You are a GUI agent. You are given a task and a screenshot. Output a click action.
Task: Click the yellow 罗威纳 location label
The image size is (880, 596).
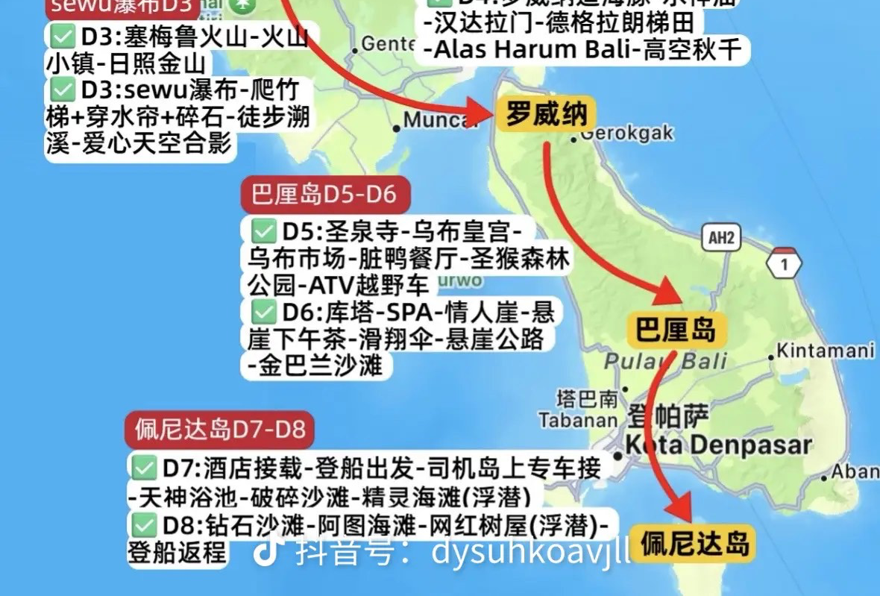(x=547, y=114)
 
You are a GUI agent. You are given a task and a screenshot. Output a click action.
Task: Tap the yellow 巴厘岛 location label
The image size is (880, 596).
(x=675, y=328)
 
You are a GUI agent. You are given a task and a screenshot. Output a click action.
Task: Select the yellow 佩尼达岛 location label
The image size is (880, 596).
(x=694, y=543)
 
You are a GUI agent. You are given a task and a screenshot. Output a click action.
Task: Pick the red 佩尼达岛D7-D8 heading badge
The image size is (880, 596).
(x=219, y=430)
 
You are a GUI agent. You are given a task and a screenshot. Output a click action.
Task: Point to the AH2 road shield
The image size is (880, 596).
(x=721, y=238)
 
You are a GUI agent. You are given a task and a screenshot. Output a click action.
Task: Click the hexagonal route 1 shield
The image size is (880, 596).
(x=783, y=263)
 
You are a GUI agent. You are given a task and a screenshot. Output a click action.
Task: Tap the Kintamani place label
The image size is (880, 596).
(x=826, y=350)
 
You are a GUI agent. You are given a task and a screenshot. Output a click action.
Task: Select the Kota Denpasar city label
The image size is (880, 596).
(x=718, y=445)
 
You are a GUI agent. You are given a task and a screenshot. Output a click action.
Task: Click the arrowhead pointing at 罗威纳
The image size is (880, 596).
(x=479, y=114)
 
